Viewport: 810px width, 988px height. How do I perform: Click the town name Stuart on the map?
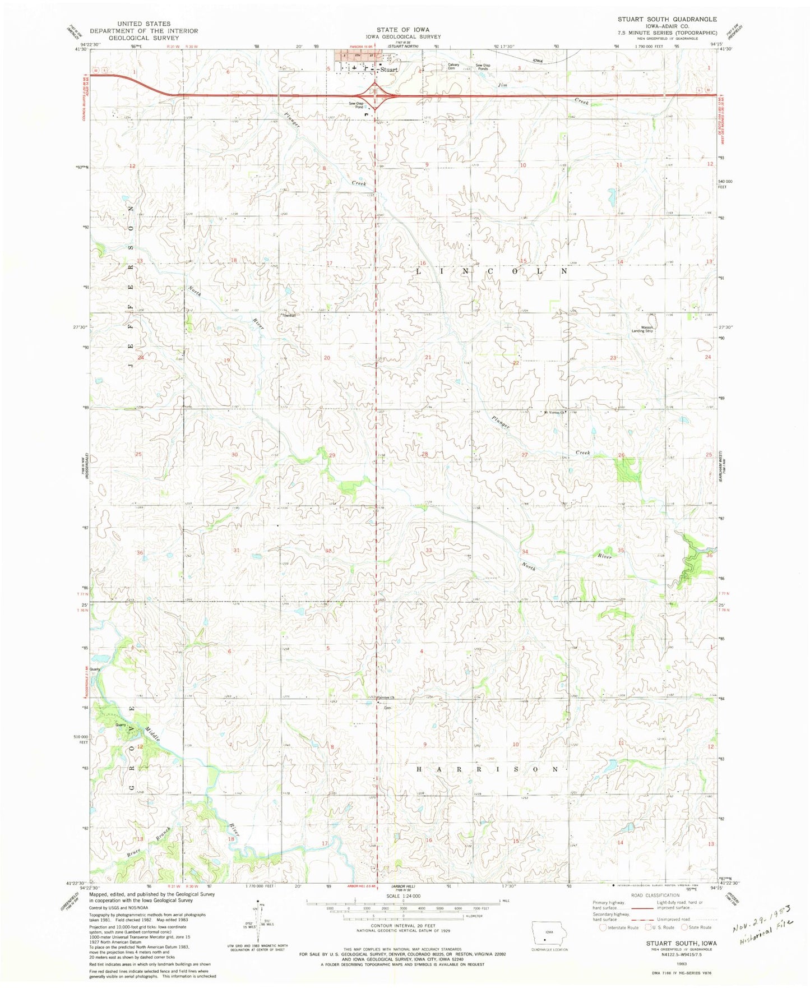[x=388, y=70]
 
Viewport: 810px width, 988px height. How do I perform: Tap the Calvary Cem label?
[x=453, y=66]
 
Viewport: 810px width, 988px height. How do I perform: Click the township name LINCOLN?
[x=491, y=271]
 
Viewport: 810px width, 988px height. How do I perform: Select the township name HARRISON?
[x=487, y=769]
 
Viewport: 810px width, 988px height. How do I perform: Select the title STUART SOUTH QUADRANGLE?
[x=667, y=19]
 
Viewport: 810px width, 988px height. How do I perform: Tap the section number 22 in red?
[x=516, y=363]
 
